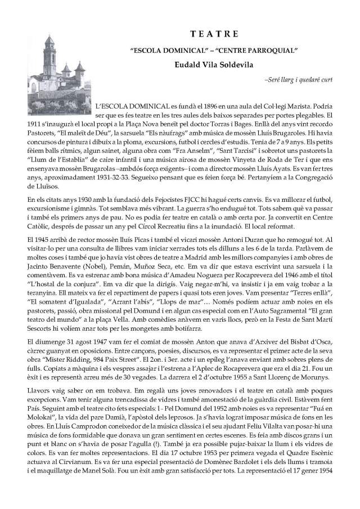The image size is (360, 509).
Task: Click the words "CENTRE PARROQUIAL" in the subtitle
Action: click(x=264, y=51)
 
